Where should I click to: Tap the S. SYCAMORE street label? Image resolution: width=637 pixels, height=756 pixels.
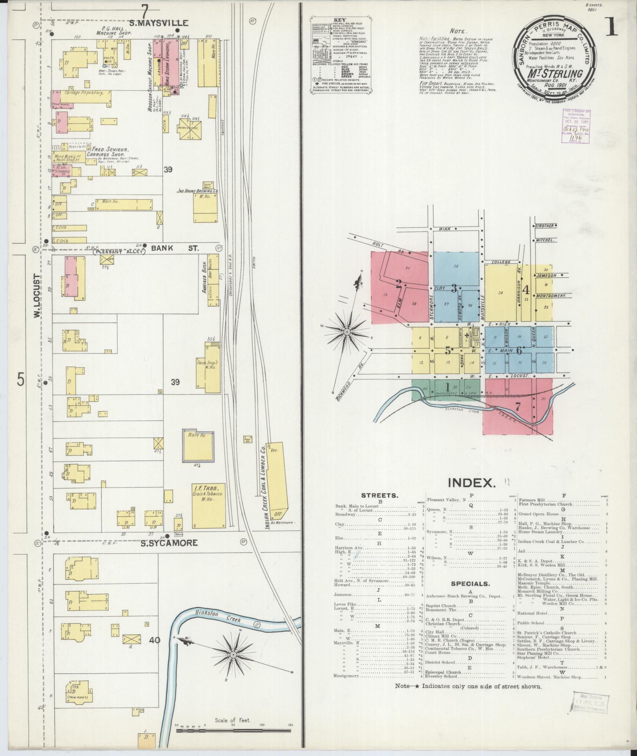click(169, 543)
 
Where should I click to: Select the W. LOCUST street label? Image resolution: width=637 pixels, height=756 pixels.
click(37, 296)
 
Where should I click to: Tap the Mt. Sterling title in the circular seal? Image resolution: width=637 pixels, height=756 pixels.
click(554, 73)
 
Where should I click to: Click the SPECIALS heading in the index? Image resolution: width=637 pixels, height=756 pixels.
click(470, 583)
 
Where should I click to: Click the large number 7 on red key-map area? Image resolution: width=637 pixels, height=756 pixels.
click(518, 406)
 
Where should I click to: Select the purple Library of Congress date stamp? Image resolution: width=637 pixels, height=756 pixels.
click(577, 125)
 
